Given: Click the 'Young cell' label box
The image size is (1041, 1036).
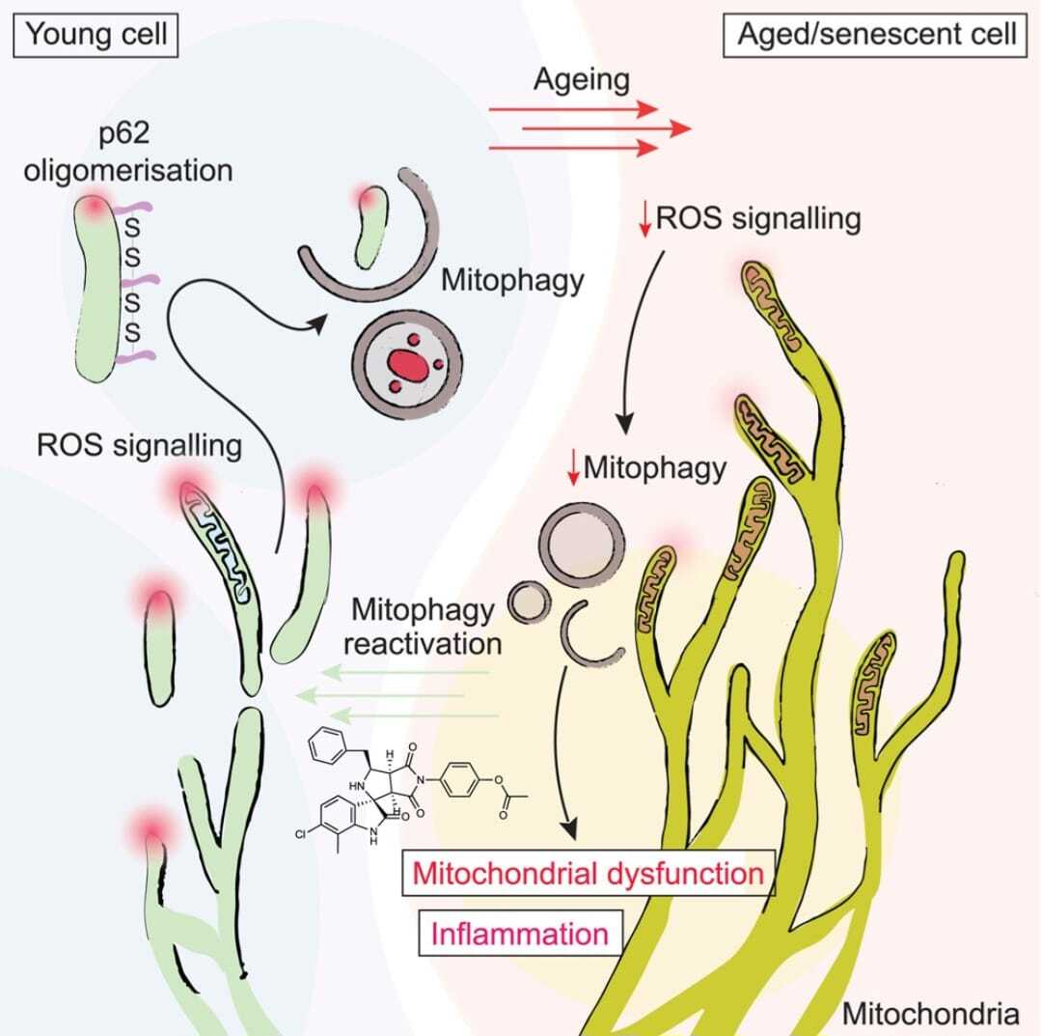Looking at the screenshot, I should [96, 36].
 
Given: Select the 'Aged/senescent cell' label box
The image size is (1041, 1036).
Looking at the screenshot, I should [876, 36].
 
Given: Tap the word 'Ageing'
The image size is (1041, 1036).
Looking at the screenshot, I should [582, 79].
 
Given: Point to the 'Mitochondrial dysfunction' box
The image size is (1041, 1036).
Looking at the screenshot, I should [588, 874].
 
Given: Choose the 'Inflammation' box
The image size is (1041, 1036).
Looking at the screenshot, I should [519, 933].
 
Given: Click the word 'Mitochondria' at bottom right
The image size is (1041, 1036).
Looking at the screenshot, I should [930, 1014].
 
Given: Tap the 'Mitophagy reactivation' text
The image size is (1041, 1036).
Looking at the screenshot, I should [423, 627].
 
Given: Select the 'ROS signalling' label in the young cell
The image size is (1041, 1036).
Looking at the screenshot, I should [138, 445].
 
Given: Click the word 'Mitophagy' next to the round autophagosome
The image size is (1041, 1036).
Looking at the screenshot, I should [512, 280].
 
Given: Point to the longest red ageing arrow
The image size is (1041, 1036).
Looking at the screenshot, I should [590, 127].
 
